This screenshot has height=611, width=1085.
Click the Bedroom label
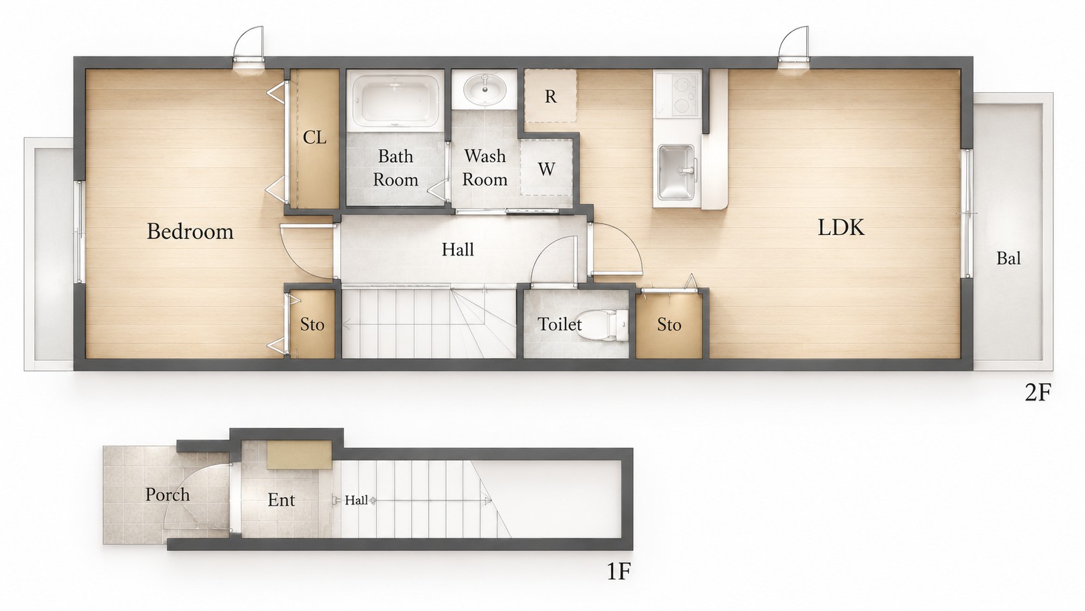point(190,232)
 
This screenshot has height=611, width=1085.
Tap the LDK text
point(841,227)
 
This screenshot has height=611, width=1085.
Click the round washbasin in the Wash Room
point(485,90)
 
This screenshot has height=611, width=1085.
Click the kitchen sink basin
point(677,171)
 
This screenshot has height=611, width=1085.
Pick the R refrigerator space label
point(550,97)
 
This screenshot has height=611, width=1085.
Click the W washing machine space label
point(546,169)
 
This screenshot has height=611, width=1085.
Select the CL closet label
point(314,138)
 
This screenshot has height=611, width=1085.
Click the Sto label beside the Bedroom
point(312,324)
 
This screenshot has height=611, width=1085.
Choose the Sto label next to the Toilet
point(669,324)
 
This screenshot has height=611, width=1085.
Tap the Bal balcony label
point(1008,258)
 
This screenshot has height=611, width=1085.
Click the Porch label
point(168,495)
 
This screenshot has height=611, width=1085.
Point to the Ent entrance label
point(281,499)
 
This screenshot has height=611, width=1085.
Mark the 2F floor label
point(1038,393)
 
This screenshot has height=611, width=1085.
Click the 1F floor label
point(619,572)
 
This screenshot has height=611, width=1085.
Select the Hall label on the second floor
point(458,249)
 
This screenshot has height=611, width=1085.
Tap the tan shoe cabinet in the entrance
point(299,455)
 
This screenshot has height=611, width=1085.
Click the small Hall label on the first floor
point(356,500)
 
